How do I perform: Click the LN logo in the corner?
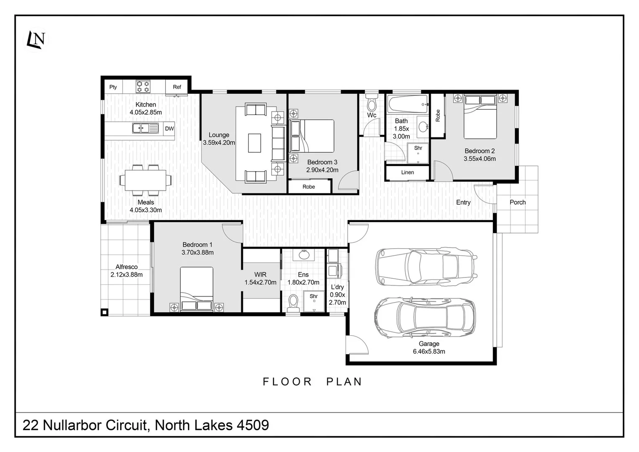36,40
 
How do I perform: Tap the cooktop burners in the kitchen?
143,87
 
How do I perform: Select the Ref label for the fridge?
177,87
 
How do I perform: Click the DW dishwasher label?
169,128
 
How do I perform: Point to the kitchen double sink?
145,128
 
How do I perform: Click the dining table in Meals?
146,180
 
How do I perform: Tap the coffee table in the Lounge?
254,143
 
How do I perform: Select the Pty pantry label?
113,87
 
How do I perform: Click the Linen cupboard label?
407,172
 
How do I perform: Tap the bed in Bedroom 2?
480,117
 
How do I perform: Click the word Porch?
518,202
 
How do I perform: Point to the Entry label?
463,202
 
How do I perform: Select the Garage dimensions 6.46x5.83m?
429,351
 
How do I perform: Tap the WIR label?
260,275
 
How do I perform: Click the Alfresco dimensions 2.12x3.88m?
126,275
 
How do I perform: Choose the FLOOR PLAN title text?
312,382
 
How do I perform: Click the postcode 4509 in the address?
253,425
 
